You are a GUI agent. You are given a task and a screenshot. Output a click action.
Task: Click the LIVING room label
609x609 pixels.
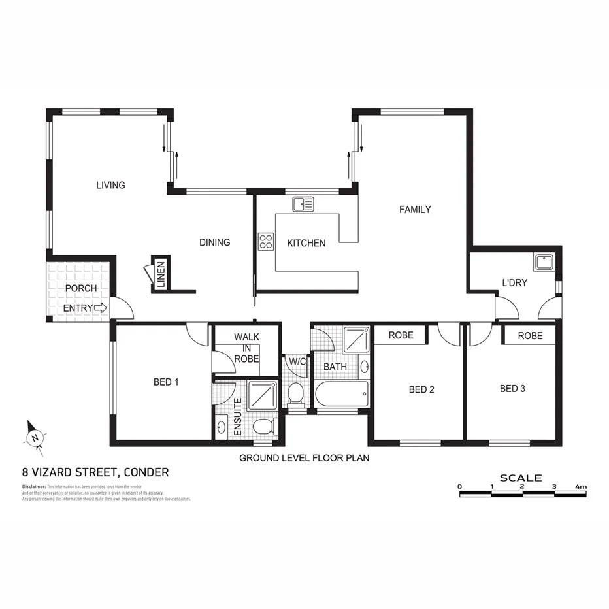point(110,185)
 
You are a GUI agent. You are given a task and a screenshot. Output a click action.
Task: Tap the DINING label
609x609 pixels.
point(214,242)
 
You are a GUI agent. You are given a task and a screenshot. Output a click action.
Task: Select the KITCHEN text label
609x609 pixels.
point(306,243)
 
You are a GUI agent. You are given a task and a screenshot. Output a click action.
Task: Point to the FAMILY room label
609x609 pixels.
point(415,210)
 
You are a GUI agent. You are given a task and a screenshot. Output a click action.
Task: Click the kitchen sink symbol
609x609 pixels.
point(303,204)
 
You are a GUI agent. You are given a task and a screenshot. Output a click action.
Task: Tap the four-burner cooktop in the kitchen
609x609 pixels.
point(266,242)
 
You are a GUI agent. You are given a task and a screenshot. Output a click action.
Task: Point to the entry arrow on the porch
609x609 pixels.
point(101,308)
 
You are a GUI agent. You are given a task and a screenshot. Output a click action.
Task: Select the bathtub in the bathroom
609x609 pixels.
point(342,394)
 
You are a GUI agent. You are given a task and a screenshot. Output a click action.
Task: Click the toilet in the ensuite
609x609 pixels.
point(263,427)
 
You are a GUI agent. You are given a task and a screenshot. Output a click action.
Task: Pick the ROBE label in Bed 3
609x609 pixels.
point(530,335)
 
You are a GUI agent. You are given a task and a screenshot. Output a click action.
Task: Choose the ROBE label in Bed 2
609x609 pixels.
point(401,335)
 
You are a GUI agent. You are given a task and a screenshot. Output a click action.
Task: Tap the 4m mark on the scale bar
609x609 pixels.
point(581,487)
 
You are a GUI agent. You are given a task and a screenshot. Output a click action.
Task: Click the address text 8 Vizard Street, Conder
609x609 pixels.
point(95,472)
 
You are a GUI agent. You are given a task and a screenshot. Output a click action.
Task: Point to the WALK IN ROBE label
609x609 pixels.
point(246,348)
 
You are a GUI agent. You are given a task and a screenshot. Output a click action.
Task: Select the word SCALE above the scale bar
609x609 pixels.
point(521,478)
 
